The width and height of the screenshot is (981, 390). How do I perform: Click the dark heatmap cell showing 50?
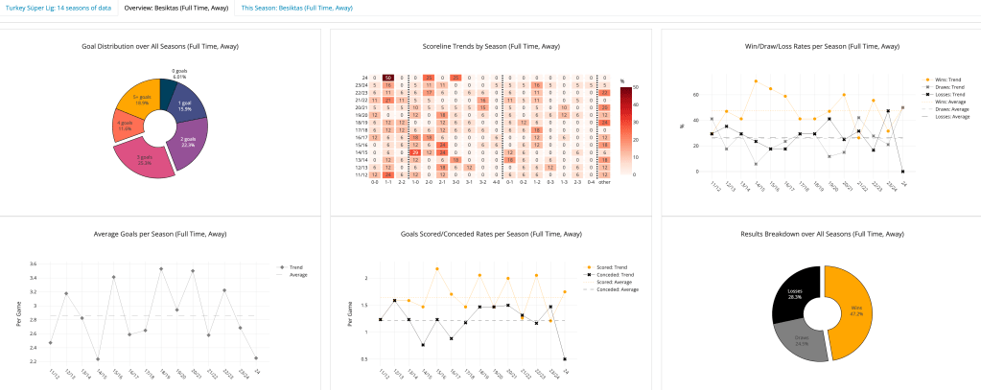pos(388,78)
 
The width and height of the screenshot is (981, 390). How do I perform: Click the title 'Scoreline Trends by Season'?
pos(491,45)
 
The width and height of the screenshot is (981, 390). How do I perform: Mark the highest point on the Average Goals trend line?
pos(161,268)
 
